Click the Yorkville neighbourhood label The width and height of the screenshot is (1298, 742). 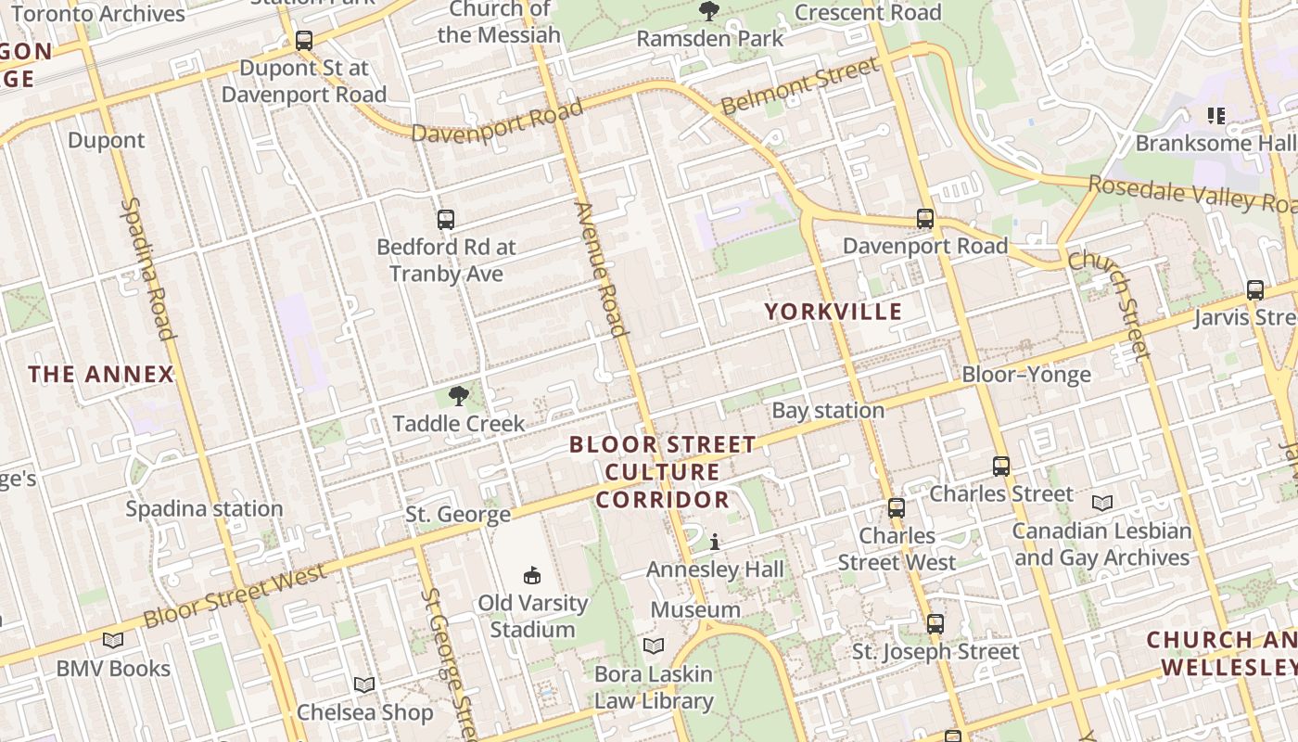[833, 312]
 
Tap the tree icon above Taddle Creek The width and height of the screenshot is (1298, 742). [458, 397]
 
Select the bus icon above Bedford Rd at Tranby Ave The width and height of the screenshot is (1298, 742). [446, 220]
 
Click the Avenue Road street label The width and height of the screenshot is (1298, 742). [600, 269]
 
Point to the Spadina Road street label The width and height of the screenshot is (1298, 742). [148, 269]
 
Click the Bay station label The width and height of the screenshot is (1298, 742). [828, 410]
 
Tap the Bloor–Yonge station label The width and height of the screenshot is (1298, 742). [1026, 375]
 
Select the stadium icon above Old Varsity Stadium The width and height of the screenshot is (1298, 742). [532, 576]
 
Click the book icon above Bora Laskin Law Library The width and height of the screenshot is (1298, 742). [654, 646]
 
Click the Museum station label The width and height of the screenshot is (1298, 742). [695, 609]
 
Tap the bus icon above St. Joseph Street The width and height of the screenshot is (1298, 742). [935, 624]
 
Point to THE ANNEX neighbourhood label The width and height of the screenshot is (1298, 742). [101, 375]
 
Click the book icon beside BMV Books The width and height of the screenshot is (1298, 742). [113, 640]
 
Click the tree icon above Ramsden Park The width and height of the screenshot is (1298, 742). [709, 11]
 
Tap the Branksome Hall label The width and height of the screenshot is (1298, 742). [1215, 144]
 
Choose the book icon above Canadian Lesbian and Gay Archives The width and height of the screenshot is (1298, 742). [1101, 503]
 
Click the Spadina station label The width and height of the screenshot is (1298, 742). [204, 508]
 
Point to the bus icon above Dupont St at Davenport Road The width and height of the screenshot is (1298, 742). [304, 41]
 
